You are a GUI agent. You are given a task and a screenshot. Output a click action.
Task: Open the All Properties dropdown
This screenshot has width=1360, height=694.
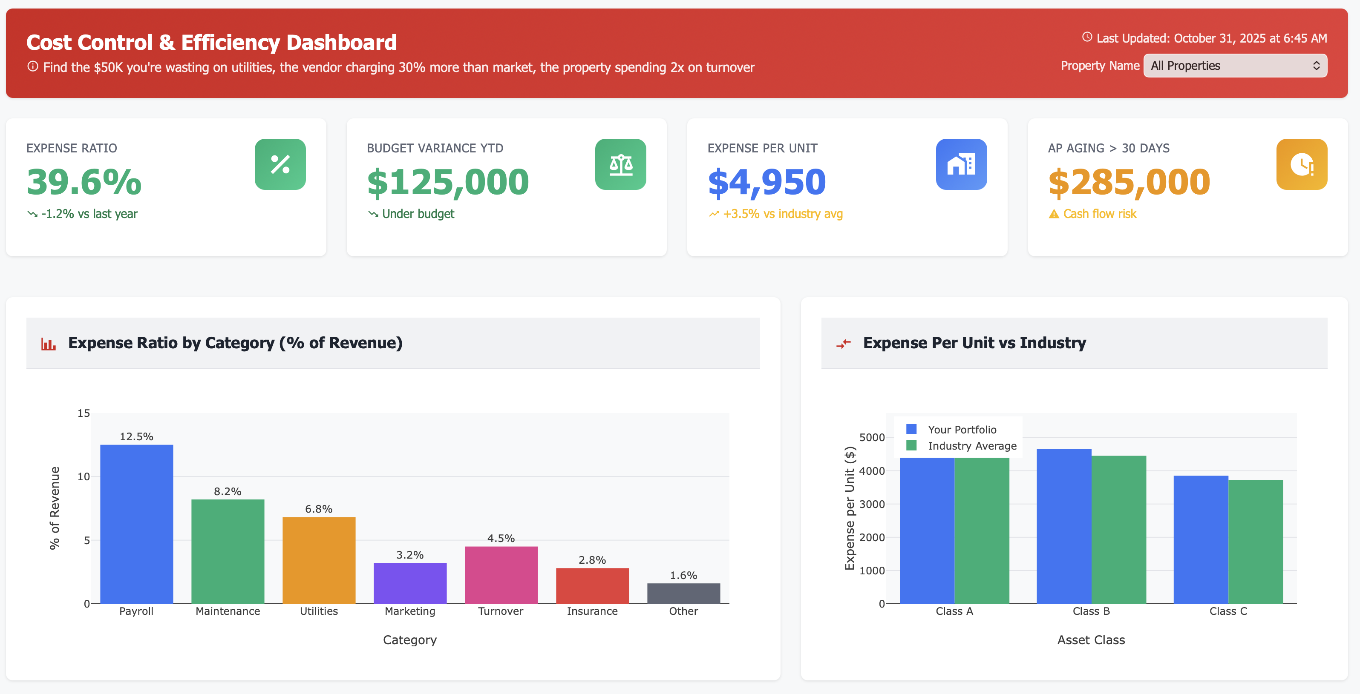coord(1234,66)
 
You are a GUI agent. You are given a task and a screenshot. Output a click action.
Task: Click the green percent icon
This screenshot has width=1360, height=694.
coord(280,164)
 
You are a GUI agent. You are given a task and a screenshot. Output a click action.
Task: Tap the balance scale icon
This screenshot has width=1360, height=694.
coord(620,164)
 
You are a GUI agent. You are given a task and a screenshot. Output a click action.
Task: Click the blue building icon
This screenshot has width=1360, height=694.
coord(961,164)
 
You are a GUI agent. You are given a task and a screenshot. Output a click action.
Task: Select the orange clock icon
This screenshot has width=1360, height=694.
coord(1301,164)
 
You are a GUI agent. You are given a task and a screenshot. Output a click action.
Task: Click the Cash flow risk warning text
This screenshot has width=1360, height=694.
coord(1099,214)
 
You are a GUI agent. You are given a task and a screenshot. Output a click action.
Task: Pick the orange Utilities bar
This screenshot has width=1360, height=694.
coord(319,560)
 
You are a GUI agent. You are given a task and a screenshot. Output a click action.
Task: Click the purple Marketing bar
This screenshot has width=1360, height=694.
coord(410,583)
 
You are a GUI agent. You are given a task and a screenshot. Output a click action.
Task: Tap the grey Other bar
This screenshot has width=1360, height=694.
coord(683,593)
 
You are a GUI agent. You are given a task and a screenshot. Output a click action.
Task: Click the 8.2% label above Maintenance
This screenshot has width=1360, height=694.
coord(228,491)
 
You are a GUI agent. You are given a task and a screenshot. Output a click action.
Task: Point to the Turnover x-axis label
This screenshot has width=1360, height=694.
coord(501,611)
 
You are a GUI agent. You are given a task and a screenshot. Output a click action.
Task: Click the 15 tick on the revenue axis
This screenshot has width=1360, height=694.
coord(84,413)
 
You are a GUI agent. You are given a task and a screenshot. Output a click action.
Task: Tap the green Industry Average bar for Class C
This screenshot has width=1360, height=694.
coord(1256,542)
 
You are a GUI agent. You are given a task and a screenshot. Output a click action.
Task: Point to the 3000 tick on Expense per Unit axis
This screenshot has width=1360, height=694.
coord(872,504)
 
